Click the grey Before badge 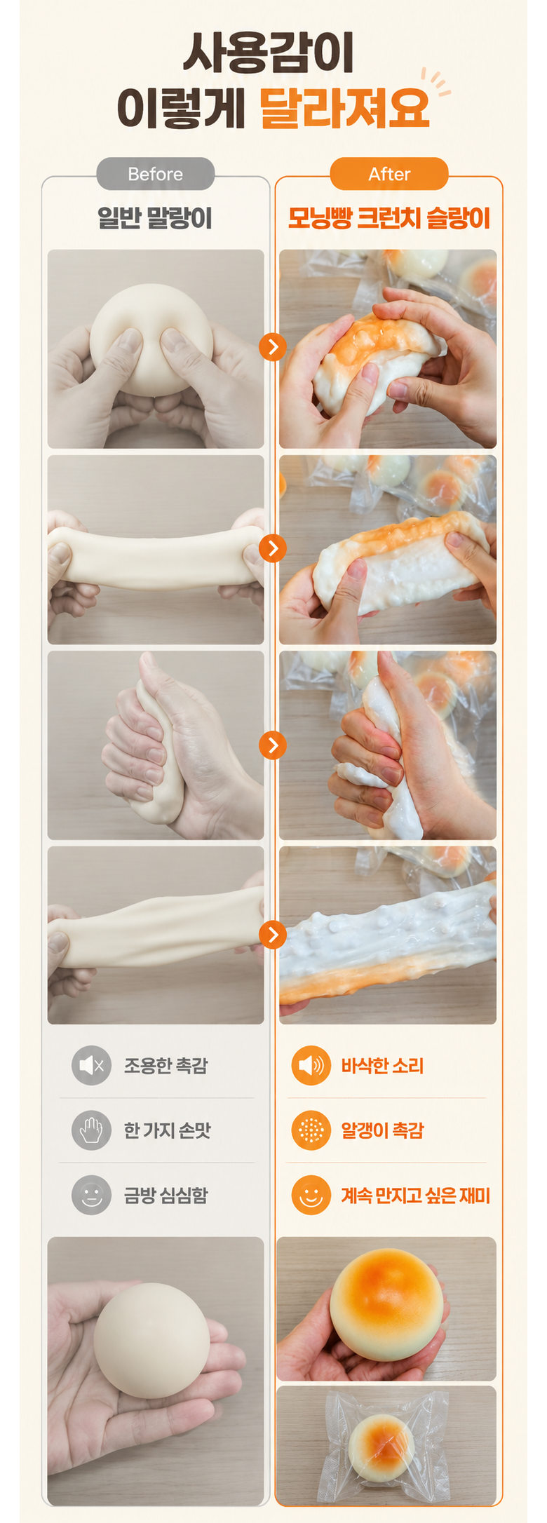pyautogui.click(x=155, y=174)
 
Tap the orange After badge pyautogui.click(x=389, y=174)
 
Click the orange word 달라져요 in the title pyautogui.click(x=344, y=109)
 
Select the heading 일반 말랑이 pyautogui.click(x=155, y=218)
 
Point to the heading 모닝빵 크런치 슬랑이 pyautogui.click(x=389, y=218)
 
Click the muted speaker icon pyautogui.click(x=91, y=1065)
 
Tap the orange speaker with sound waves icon pyautogui.click(x=311, y=1065)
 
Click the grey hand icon pyautogui.click(x=91, y=1130)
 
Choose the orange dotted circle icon pyautogui.click(x=311, y=1130)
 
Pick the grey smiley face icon pyautogui.click(x=91, y=1195)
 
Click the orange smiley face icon pyautogui.click(x=311, y=1195)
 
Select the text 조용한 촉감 pyautogui.click(x=166, y=1066)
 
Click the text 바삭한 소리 pyautogui.click(x=382, y=1066)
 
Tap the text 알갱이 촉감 pyautogui.click(x=382, y=1130)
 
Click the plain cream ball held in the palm pyautogui.click(x=151, y=1340)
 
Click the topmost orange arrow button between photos pyautogui.click(x=273, y=346)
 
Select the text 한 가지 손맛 pyautogui.click(x=168, y=1130)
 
